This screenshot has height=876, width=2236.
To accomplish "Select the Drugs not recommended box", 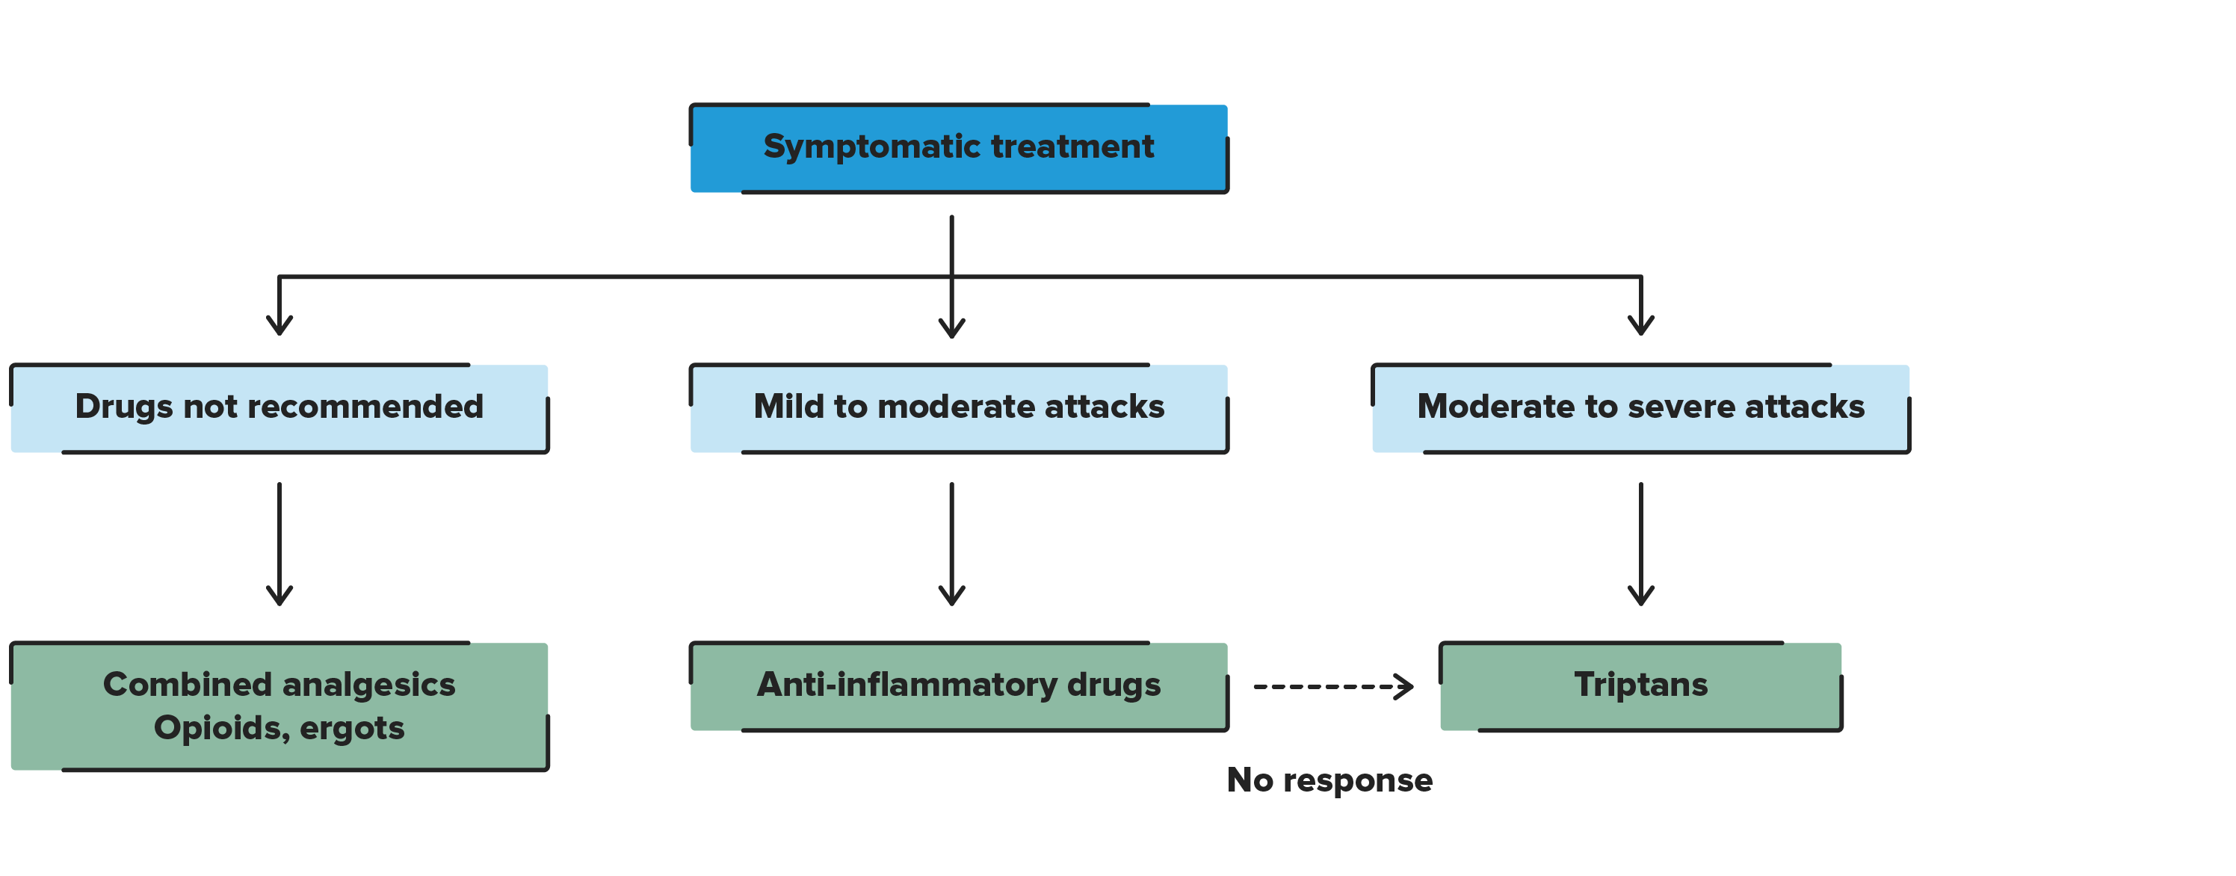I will tap(279, 408).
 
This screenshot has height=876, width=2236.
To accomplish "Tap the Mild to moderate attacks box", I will tap(958, 408).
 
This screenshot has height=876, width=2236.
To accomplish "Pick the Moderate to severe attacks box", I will tap(1640, 408).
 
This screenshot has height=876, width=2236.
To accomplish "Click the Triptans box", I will tap(1640, 686).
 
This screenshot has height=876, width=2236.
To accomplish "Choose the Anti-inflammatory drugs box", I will tap(958, 686).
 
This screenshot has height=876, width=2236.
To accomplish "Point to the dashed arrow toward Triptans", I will tap(1332, 687).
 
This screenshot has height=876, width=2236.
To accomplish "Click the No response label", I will tap(1329, 780).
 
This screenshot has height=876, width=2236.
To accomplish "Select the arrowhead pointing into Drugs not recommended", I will tap(279, 326).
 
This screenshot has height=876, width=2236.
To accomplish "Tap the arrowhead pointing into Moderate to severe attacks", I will tap(1640, 326).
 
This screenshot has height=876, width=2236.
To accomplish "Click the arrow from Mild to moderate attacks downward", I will tap(951, 543).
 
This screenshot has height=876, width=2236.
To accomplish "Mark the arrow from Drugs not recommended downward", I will tap(279, 543).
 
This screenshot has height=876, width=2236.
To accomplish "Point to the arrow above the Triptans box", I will tap(1640, 543).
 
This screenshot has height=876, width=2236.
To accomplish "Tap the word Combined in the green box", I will tap(187, 685).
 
